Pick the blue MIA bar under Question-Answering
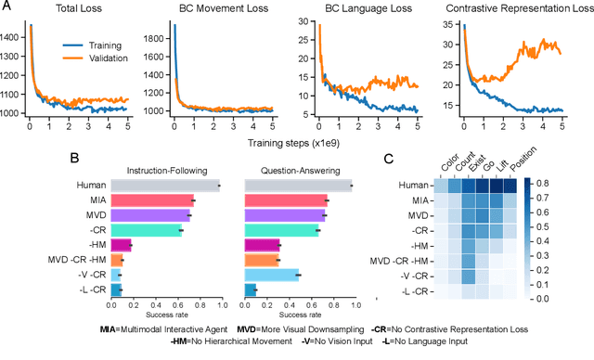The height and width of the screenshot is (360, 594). pos(286,200)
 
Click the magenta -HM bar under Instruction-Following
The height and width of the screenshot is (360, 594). pos(120,246)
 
